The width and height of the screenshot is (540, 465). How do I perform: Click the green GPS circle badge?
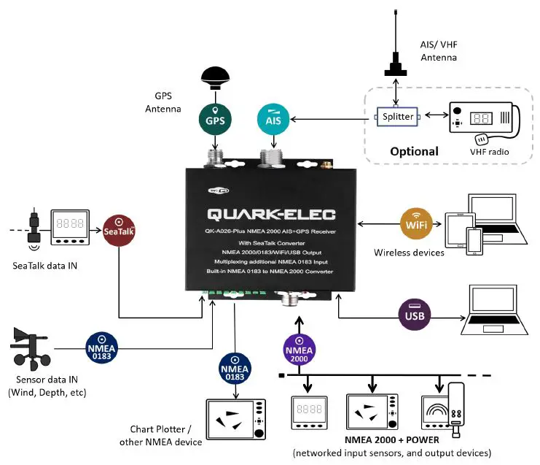(x=215, y=118)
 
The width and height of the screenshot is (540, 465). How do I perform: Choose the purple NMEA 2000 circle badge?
(x=300, y=349)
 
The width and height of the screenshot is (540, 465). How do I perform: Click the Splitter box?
(x=398, y=117)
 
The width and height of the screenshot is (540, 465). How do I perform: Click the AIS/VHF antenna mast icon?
(x=396, y=51)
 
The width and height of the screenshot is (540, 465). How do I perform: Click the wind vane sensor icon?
(x=35, y=348)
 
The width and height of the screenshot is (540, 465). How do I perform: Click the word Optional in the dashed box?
(x=413, y=151)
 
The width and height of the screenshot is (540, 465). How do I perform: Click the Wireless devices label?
(x=409, y=253)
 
